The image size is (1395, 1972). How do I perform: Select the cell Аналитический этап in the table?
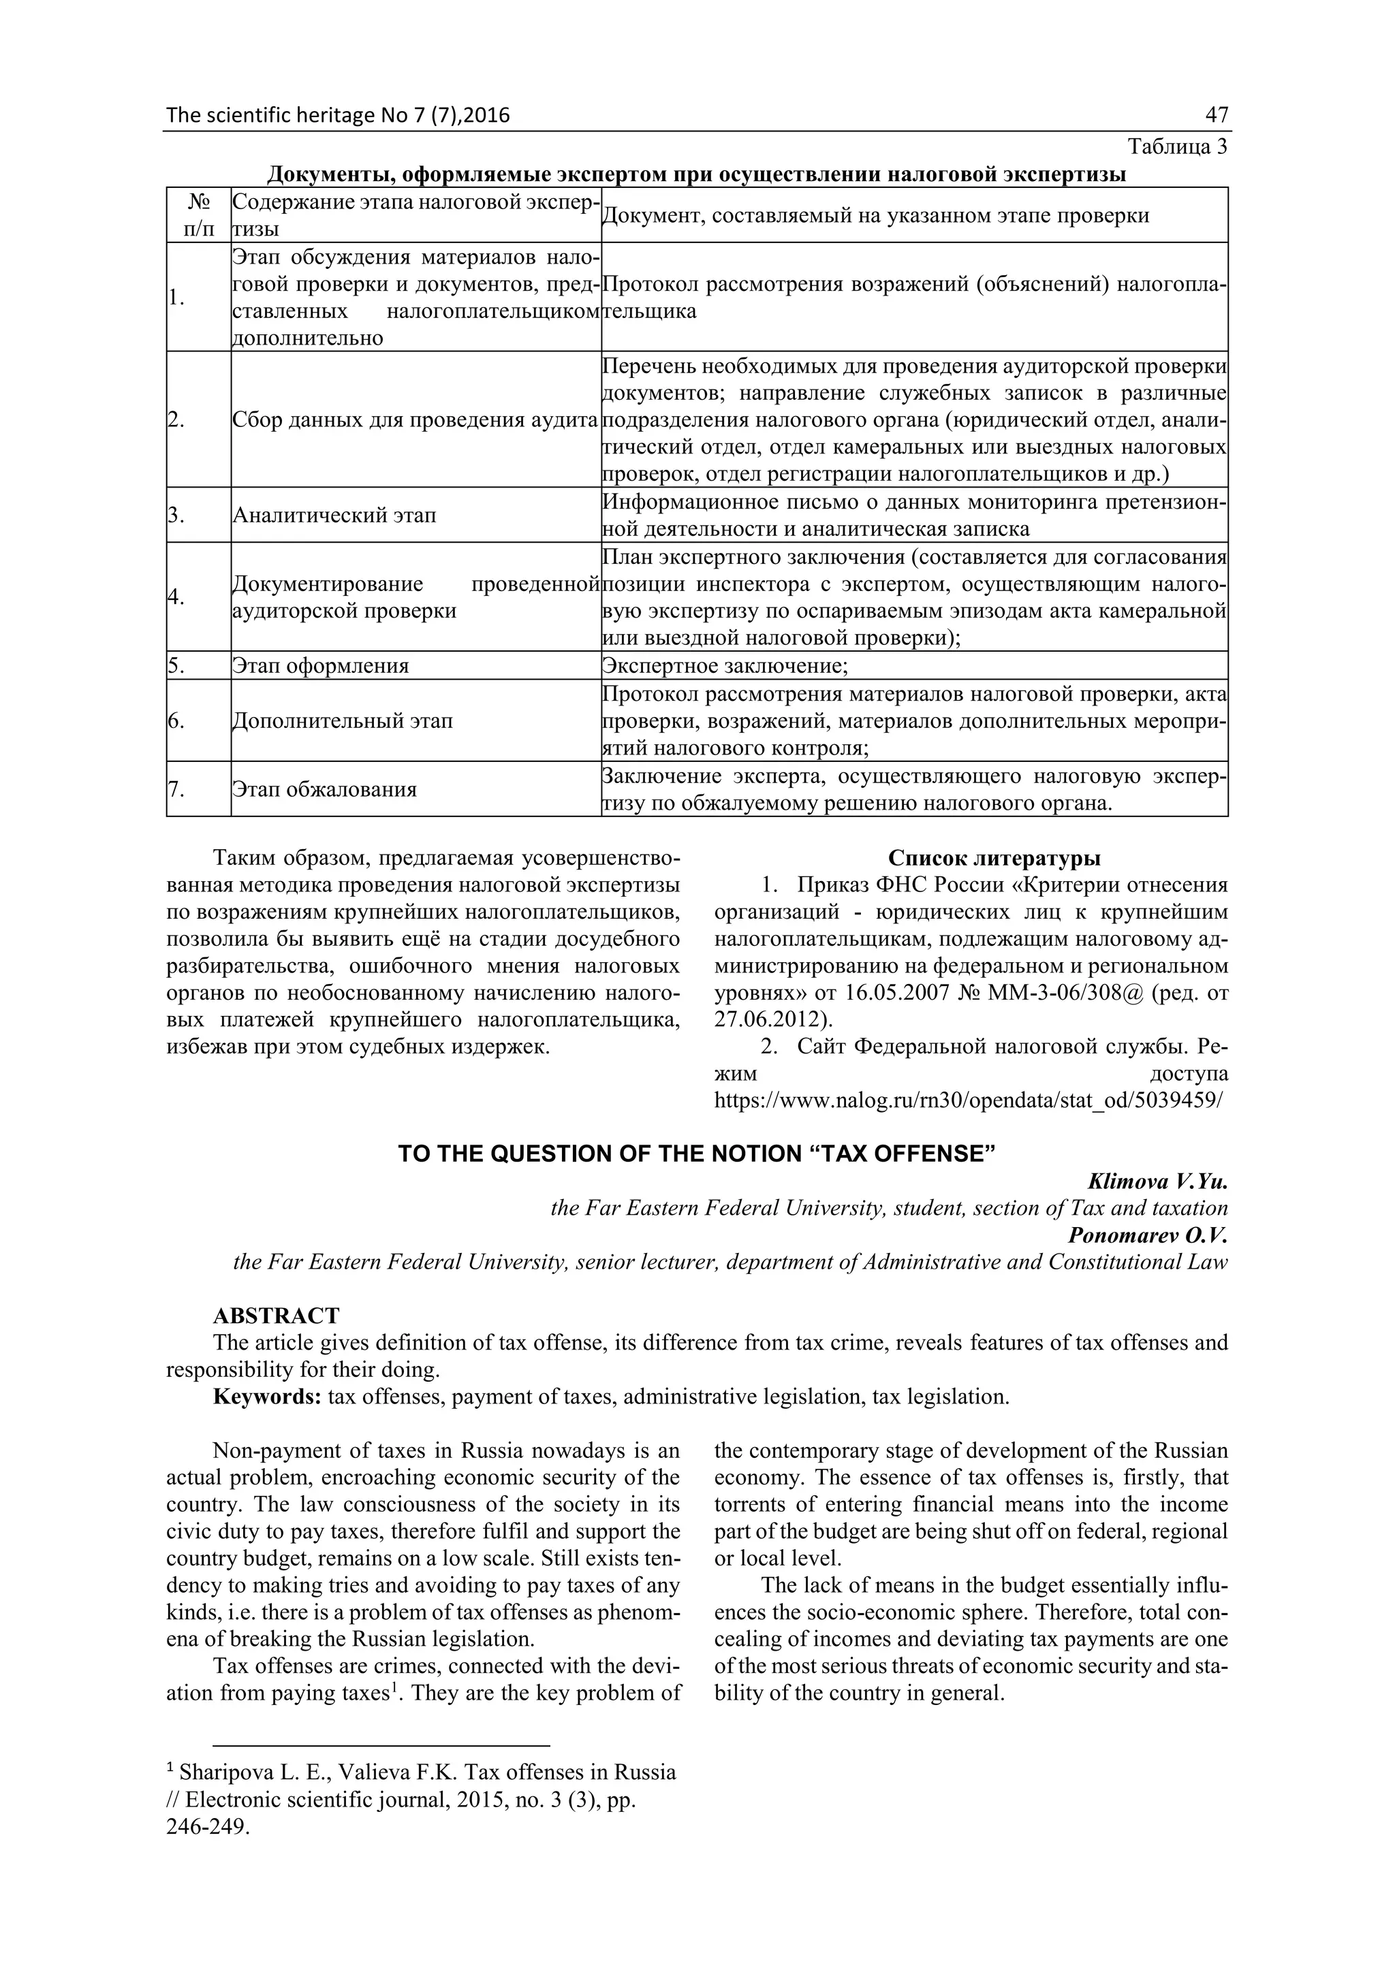click(x=334, y=515)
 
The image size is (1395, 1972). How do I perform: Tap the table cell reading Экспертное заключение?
click(x=725, y=666)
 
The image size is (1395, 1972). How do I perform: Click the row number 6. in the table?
click(x=176, y=720)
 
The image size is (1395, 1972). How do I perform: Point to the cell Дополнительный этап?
click(x=342, y=720)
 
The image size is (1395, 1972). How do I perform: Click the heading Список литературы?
click(x=994, y=858)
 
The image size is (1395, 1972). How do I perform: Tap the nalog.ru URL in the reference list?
click(x=968, y=1100)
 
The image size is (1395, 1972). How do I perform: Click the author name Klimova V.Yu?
click(x=1157, y=1182)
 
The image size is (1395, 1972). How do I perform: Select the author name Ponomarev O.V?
click(x=1148, y=1235)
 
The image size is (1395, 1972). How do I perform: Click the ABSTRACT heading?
click(x=276, y=1316)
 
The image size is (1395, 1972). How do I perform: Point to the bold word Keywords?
click(x=267, y=1397)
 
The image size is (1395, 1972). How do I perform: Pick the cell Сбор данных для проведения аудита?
click(x=415, y=420)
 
